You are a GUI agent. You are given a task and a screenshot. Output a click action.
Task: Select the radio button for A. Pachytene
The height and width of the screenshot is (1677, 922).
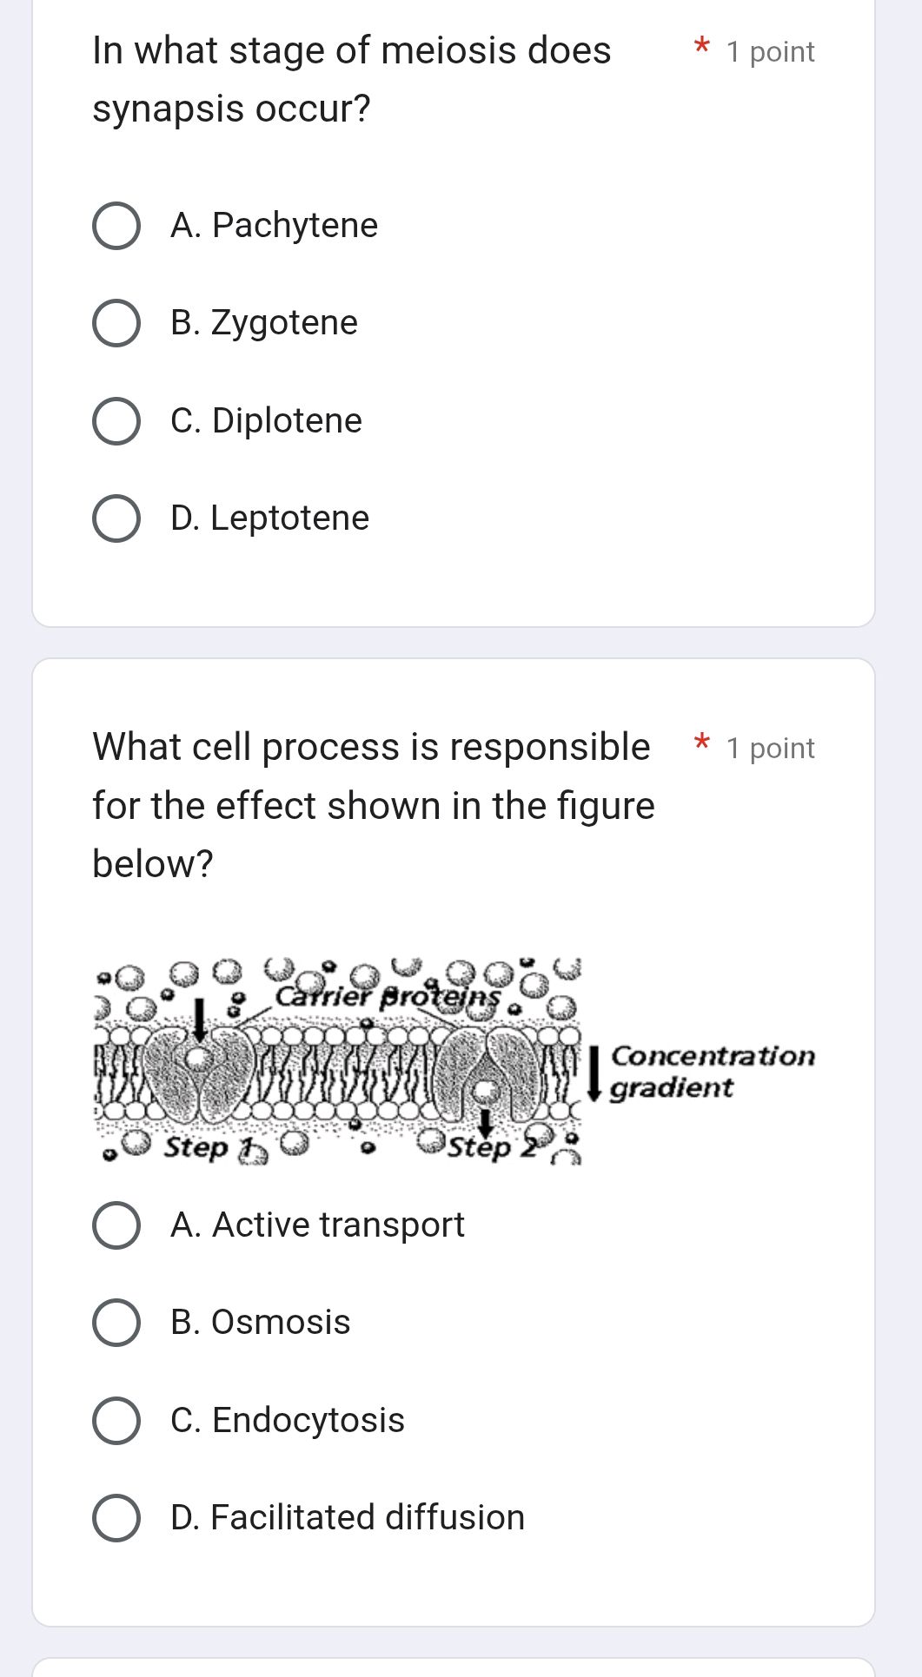tap(116, 227)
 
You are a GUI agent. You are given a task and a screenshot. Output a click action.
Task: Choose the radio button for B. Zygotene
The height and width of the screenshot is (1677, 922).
tap(116, 324)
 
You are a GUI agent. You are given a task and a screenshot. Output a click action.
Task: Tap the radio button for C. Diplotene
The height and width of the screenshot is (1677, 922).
tap(116, 422)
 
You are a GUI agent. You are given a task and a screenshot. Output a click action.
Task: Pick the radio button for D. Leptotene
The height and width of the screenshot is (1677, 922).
tap(116, 519)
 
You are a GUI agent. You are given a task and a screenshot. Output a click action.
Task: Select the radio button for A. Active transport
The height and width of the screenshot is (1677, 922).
tap(116, 1226)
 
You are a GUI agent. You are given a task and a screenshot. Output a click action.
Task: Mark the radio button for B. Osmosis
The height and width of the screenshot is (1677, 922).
tap(116, 1324)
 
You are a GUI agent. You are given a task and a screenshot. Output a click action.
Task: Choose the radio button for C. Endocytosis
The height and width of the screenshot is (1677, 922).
tap(116, 1422)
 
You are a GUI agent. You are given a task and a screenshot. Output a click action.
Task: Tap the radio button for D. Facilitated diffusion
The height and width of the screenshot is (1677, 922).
tap(116, 1519)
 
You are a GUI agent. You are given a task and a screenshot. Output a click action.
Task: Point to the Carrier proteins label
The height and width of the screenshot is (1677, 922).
tap(388, 996)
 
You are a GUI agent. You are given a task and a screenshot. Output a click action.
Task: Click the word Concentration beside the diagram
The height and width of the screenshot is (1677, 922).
tap(713, 1056)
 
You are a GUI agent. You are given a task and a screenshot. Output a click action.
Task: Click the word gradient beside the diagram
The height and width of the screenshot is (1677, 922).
tap(671, 1087)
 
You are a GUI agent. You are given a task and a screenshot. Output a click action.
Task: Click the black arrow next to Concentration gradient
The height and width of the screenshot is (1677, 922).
tap(595, 1073)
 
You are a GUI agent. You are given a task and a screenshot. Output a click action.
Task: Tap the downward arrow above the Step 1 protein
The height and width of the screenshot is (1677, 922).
tap(200, 1018)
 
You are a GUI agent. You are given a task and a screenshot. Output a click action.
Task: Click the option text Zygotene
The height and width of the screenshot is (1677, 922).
tap(284, 323)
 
